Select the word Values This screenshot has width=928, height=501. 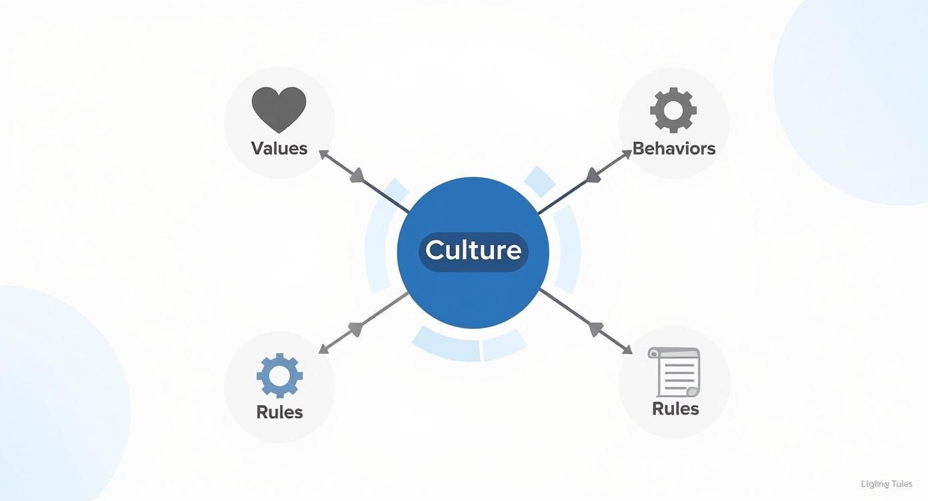(x=279, y=148)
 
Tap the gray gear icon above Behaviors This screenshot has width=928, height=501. (x=673, y=110)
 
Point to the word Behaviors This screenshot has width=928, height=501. (x=673, y=148)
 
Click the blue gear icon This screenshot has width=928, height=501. (x=279, y=376)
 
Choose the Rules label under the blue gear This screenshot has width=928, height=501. (x=279, y=412)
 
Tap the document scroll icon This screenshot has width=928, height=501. (x=674, y=371)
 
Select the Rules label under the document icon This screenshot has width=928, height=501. (x=675, y=408)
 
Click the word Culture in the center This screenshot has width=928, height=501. (x=473, y=250)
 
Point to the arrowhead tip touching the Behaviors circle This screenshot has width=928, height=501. (x=629, y=151)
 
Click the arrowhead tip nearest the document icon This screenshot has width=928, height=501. (x=630, y=352)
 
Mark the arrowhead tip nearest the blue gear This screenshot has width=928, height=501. (x=321, y=352)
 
